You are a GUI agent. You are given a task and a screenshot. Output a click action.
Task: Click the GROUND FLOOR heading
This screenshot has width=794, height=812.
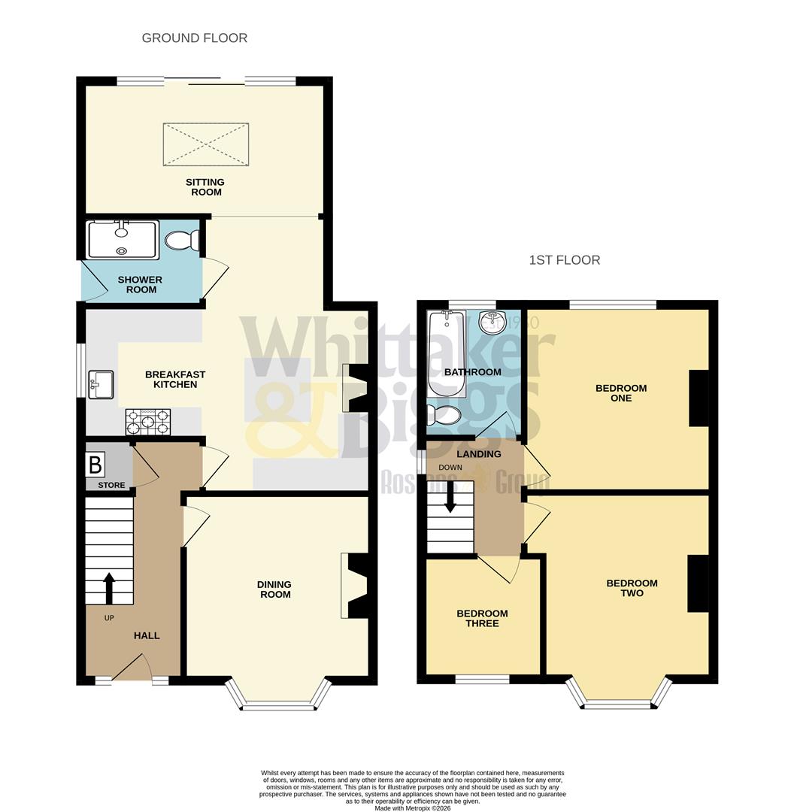(x=194, y=38)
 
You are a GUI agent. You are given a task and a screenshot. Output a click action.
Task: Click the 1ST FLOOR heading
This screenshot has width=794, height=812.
(x=564, y=260)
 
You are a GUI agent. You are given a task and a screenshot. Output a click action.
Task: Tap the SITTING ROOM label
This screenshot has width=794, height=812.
(x=205, y=186)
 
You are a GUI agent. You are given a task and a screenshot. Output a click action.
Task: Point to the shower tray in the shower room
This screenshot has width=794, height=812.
(x=122, y=239)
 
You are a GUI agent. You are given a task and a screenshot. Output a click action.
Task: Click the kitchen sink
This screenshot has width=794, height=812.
(x=100, y=384)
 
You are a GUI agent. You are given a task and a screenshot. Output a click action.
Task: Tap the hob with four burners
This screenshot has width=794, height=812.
(x=147, y=422)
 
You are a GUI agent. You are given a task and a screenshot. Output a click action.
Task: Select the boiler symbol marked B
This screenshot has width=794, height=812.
(x=95, y=465)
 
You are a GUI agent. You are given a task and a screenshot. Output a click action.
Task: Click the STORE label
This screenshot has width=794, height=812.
(x=111, y=485)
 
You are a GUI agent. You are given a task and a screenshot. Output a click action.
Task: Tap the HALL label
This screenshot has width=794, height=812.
(x=147, y=635)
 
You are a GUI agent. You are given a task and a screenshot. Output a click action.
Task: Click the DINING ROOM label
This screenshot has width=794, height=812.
(x=274, y=589)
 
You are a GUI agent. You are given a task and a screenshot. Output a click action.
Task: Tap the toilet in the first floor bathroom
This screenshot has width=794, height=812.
(x=446, y=414)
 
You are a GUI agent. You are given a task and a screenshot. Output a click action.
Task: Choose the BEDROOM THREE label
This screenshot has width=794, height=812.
(x=482, y=618)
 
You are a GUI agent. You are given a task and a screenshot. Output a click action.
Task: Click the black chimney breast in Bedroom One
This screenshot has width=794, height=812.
(x=699, y=398)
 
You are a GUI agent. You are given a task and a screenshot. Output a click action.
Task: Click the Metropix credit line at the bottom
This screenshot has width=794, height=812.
(x=412, y=807)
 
